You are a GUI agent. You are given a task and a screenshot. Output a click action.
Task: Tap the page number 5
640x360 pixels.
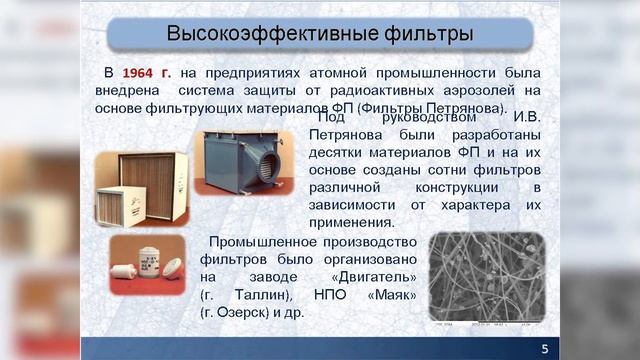[x=544, y=347]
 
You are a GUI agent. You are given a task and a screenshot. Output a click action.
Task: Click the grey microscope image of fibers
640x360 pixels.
[x=486, y=276]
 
